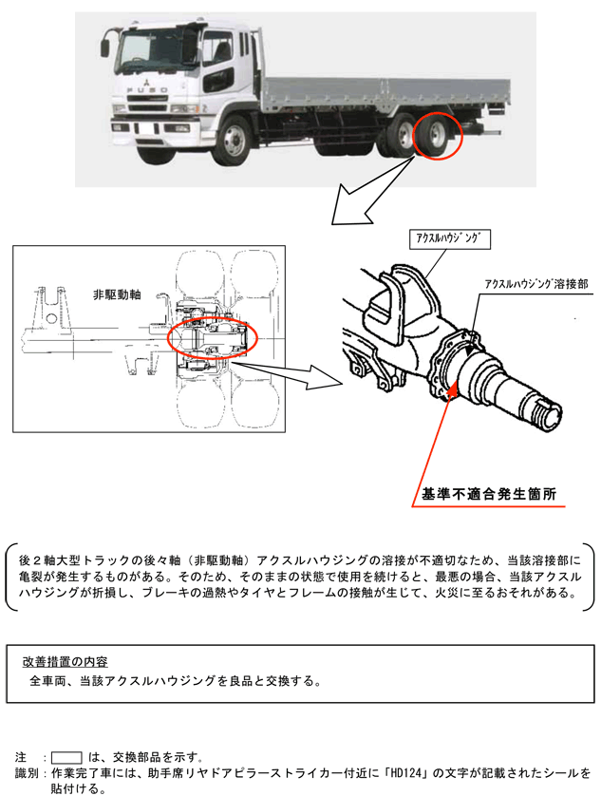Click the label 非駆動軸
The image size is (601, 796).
click(117, 294)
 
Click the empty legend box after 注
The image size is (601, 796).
click(66, 757)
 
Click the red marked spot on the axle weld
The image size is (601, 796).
click(455, 389)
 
